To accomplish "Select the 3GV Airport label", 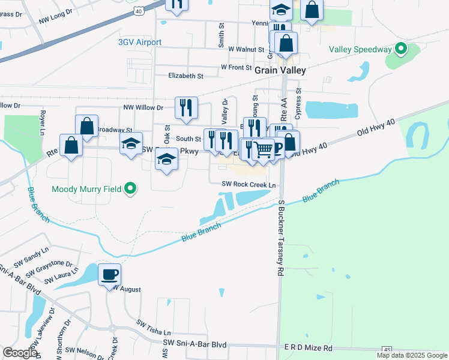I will tap(140, 42).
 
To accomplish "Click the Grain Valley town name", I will tap(280, 70).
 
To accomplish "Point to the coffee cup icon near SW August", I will tap(109, 274).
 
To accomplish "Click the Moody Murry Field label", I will tap(86, 190).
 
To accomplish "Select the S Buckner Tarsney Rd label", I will tap(280, 238).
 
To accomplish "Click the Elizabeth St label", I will tap(186, 76).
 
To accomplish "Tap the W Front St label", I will tap(236, 67).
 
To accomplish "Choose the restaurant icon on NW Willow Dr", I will tap(186, 107).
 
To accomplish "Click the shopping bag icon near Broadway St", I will tap(87, 126).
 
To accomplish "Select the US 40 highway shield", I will tap(139, 10).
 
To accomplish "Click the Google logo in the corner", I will tap(20, 353).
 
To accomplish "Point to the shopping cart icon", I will tap(263, 149).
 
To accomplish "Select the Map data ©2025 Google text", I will tap(412, 355).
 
